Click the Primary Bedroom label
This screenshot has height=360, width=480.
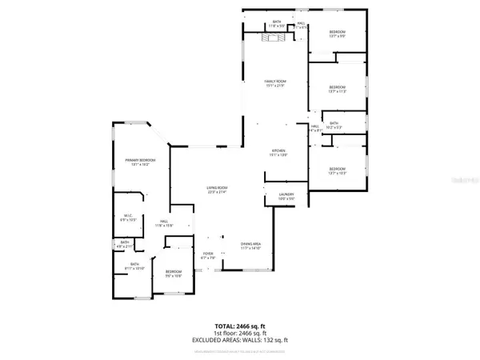[x=139, y=162]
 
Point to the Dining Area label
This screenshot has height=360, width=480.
[x=252, y=246]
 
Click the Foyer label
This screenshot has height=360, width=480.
[x=208, y=258]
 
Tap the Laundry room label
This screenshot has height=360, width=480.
[x=286, y=196]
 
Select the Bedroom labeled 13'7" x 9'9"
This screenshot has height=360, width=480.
[x=336, y=34]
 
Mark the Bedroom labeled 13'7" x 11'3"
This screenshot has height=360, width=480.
[x=337, y=88]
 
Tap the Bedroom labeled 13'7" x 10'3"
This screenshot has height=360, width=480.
[x=337, y=170]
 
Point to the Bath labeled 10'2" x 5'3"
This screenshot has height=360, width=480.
[x=334, y=125]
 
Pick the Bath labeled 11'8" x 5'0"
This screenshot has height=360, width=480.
[x=277, y=24]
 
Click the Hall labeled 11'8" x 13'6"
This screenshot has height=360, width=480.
[x=163, y=223]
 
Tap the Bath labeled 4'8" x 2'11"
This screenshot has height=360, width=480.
[x=125, y=244]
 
